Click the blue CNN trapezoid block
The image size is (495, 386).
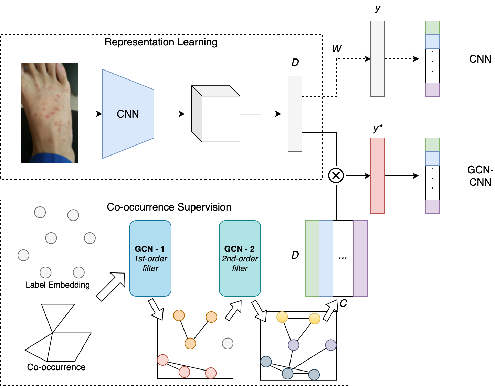pyautogui.click(x=128, y=114)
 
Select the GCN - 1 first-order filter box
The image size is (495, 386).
pyautogui.click(x=150, y=258)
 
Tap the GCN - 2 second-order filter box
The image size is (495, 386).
pyautogui.click(x=240, y=258)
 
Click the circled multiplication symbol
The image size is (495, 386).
pyautogui.click(x=336, y=175)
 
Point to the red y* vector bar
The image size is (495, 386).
pyautogui.click(x=378, y=176)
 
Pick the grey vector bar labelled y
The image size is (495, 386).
pyautogui.click(x=378, y=59)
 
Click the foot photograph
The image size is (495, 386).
pyautogui.click(x=50, y=113)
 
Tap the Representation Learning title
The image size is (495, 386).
pyautogui.click(x=161, y=42)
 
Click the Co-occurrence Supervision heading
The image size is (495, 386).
pyautogui.click(x=169, y=207)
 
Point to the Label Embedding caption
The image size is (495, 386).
pyautogui.click(x=58, y=285)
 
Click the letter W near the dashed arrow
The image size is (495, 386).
pyautogui.click(x=337, y=49)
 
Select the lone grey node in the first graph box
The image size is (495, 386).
pyautogui.click(x=228, y=343)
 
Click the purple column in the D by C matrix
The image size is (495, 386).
pyautogui.click(x=360, y=258)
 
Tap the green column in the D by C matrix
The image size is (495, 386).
pyautogui.click(x=312, y=258)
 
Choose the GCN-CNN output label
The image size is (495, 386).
pyautogui.click(x=480, y=176)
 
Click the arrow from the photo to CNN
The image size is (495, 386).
pyautogui.click(x=92, y=114)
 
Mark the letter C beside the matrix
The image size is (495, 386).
pyautogui.click(x=343, y=303)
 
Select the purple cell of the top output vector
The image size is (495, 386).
pyautogui.click(x=433, y=90)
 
